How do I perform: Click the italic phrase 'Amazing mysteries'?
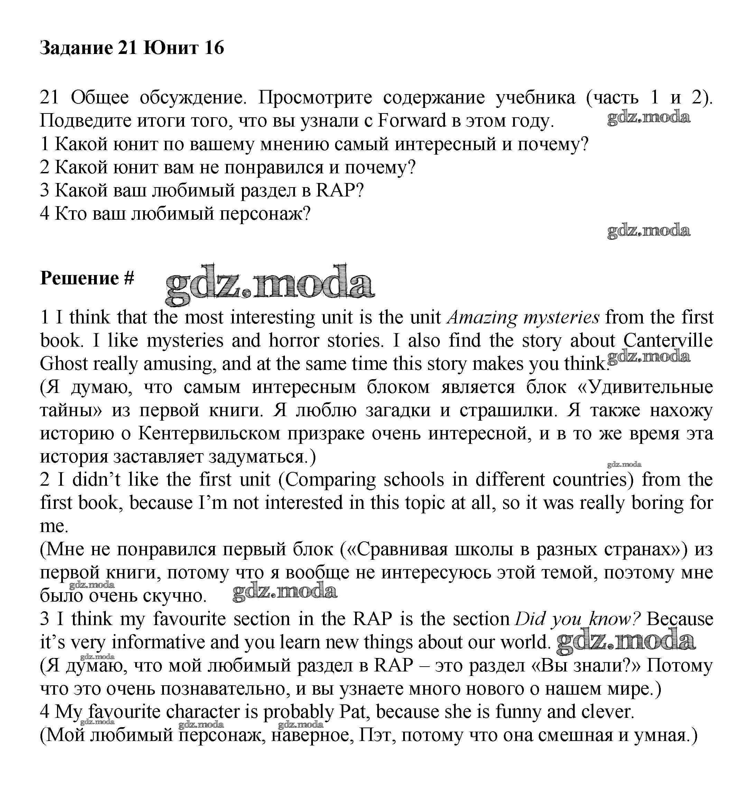(x=523, y=318)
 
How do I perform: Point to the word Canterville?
(x=667, y=340)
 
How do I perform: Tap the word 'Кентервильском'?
(x=209, y=434)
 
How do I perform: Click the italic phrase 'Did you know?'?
(x=577, y=619)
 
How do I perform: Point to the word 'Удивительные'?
(x=650, y=387)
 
